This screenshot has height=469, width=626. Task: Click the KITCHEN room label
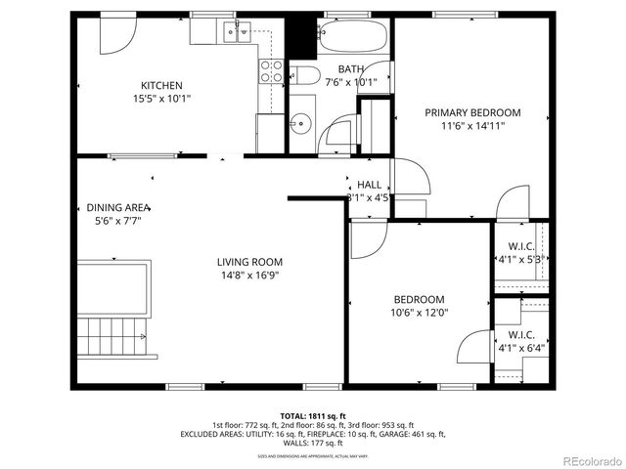(x=161, y=85)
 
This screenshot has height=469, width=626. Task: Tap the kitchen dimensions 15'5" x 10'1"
(x=161, y=98)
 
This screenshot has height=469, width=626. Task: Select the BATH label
(x=350, y=68)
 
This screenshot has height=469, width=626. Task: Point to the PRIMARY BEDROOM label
(x=472, y=112)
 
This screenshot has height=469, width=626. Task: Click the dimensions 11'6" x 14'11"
(x=472, y=125)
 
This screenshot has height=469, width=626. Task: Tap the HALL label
(x=369, y=185)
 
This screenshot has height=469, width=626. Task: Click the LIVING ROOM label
(x=249, y=262)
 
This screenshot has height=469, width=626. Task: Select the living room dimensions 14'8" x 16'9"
(x=249, y=275)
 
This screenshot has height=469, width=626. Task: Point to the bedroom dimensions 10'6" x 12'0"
(x=419, y=313)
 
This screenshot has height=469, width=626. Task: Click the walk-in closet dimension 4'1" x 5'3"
(x=518, y=260)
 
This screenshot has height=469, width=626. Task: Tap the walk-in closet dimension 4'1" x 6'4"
(x=518, y=347)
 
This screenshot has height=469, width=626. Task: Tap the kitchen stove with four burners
(x=270, y=70)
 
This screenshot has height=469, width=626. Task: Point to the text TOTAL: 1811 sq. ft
(x=312, y=415)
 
